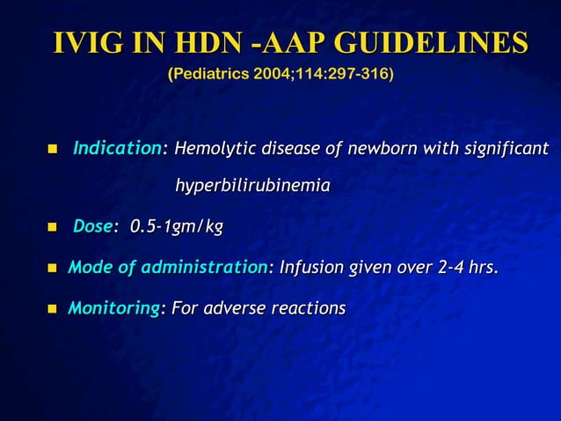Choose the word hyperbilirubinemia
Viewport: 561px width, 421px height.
tap(253, 187)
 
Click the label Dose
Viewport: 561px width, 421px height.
tap(91, 227)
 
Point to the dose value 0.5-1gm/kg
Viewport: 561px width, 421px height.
tap(176, 227)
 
